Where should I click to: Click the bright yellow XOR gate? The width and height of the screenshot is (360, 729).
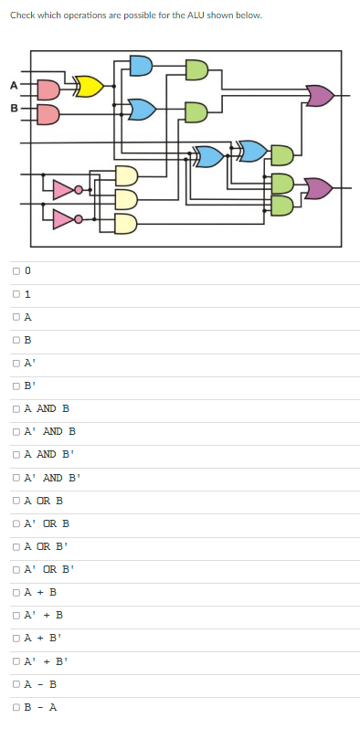click(x=89, y=87)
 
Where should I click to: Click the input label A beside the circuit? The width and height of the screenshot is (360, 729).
click(x=14, y=86)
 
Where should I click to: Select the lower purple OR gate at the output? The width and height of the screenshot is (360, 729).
click(x=319, y=188)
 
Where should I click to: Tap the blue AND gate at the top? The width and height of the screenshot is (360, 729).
click(x=141, y=65)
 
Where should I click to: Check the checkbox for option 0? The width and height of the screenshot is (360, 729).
click(x=16, y=271)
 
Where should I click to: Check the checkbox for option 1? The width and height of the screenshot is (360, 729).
click(x=16, y=294)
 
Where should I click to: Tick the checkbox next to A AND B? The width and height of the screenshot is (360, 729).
click(x=16, y=408)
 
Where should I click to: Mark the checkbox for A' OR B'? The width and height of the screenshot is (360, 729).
click(x=16, y=568)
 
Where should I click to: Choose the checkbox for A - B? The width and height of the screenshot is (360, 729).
click(x=16, y=682)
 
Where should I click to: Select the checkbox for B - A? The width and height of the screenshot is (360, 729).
click(x=16, y=705)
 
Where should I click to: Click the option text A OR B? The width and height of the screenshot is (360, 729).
click(x=43, y=500)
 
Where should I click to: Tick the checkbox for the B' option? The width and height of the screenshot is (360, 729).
click(x=16, y=386)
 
